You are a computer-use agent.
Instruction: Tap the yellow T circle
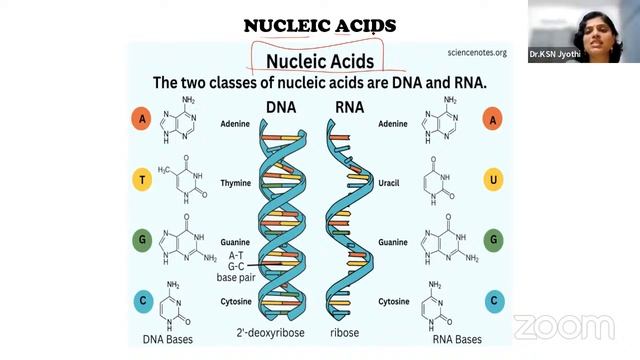pos(142,181)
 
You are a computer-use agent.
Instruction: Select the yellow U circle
pos(491,181)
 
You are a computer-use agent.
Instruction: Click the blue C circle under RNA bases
pos(491,300)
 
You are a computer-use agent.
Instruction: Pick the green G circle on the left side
pos(142,240)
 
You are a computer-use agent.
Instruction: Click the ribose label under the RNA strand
pos(345,330)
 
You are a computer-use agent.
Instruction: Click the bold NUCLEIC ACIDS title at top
pos(320,24)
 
